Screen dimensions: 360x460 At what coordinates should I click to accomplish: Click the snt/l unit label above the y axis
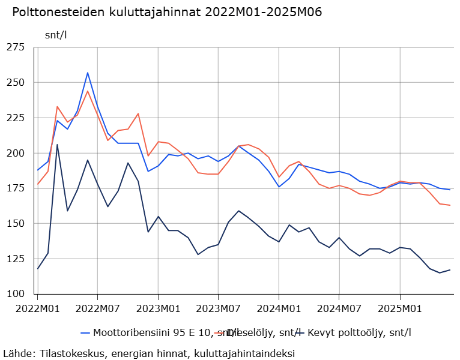point(56,34)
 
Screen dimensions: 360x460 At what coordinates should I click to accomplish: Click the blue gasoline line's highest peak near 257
point(88,73)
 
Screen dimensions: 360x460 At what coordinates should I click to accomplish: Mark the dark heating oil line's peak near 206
point(58,145)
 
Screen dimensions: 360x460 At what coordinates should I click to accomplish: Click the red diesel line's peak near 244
point(88,91)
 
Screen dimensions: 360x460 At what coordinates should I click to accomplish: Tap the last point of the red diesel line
point(450,205)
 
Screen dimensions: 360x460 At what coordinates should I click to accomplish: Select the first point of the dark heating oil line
point(37,269)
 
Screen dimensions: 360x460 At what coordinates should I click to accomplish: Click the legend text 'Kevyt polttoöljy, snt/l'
point(359,332)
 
